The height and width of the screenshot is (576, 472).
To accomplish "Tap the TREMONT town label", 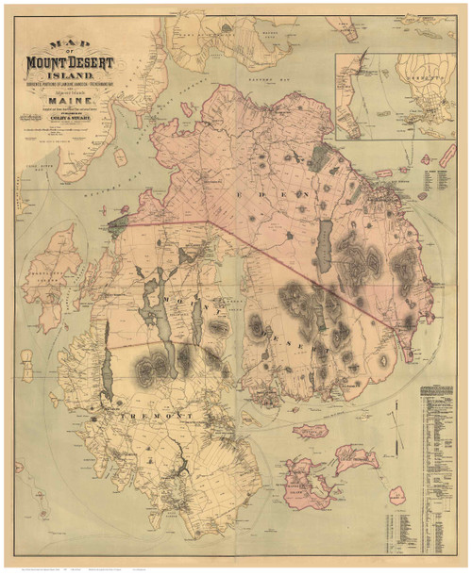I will pos(150,414).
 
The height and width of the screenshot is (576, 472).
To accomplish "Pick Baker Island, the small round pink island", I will pos(398,493).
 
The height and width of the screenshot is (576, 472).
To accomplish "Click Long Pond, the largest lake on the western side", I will pos(152,302).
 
